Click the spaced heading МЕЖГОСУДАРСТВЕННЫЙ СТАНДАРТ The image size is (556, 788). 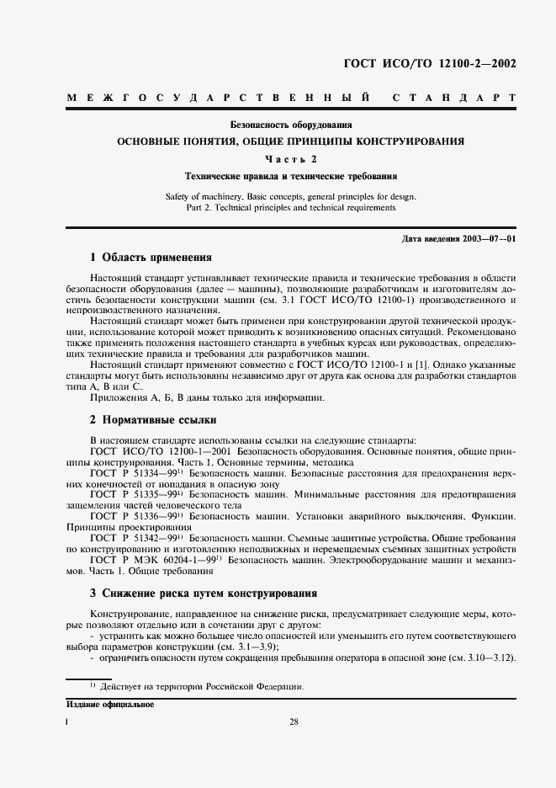[x=291, y=98]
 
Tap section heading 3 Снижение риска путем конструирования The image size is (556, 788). [x=203, y=593]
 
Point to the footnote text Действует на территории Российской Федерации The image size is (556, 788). [x=202, y=687]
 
